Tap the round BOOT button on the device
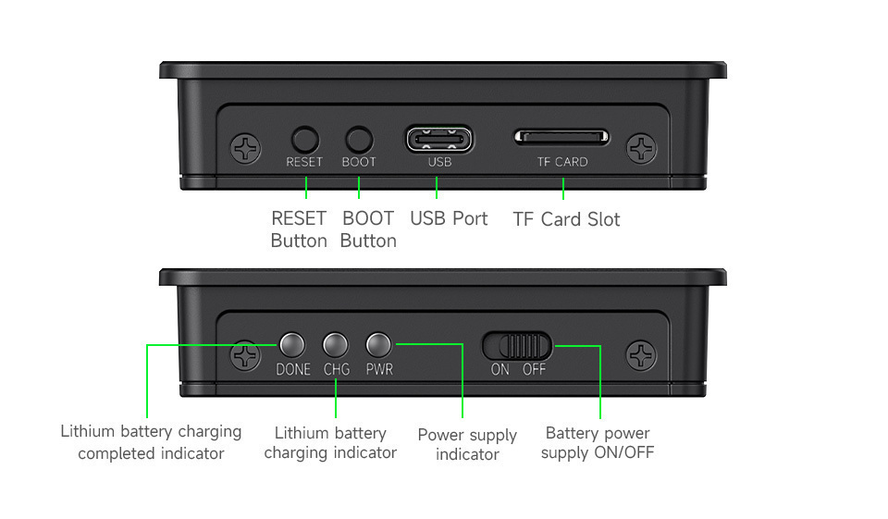pos(359,140)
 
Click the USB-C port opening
pos(439,139)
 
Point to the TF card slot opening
pos(561,137)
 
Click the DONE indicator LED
pos(292,344)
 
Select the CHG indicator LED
pos(335,344)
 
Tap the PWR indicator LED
pos(378,344)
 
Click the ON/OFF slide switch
pos(516,346)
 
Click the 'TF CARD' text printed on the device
pos(562,162)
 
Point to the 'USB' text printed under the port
pos(439,162)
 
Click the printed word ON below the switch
pos(499,369)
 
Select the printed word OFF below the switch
pos(534,369)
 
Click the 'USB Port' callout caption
pos(449,218)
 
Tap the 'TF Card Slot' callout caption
pos(566,219)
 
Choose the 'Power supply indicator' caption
pos(467,444)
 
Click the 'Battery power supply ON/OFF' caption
pos(598,442)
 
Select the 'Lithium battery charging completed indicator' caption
pos(151,442)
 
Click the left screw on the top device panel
pos(246,149)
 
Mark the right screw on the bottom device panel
pos(641,356)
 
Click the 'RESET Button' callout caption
pos(299,229)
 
